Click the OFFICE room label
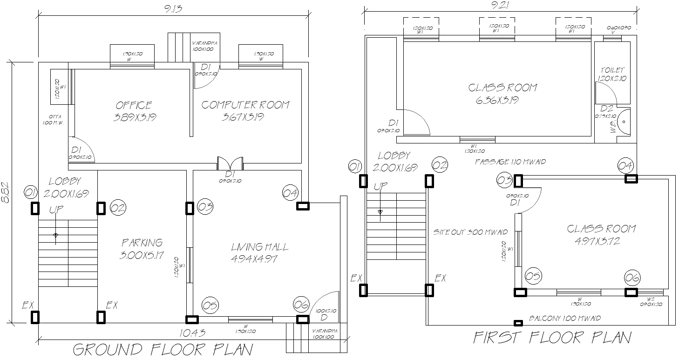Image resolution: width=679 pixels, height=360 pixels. [x=134, y=105]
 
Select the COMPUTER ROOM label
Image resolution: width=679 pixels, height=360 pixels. [x=245, y=105]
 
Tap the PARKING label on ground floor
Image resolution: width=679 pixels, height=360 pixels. [x=142, y=243]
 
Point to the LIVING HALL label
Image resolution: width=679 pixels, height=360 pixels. [x=259, y=247]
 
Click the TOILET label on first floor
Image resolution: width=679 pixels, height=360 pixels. [x=612, y=70]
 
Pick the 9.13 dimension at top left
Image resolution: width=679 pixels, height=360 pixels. [x=173, y=7]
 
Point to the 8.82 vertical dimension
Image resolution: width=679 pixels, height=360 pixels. [x=6, y=192]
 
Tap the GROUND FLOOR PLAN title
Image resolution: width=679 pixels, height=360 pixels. [x=163, y=349]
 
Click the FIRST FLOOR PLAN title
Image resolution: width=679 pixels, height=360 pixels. [x=552, y=338]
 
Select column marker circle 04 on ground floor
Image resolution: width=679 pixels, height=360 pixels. [x=290, y=192]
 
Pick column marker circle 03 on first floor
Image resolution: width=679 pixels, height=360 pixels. [x=504, y=180]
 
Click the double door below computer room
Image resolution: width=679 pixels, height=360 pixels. [x=231, y=164]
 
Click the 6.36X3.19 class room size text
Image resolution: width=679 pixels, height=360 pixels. [x=497, y=100]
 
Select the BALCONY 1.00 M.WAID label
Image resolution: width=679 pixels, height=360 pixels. [x=564, y=319]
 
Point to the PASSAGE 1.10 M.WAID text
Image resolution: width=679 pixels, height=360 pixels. [x=510, y=162]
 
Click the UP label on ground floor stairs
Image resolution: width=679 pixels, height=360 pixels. [x=56, y=210]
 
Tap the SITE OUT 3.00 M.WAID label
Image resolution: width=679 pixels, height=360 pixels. [x=470, y=232]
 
